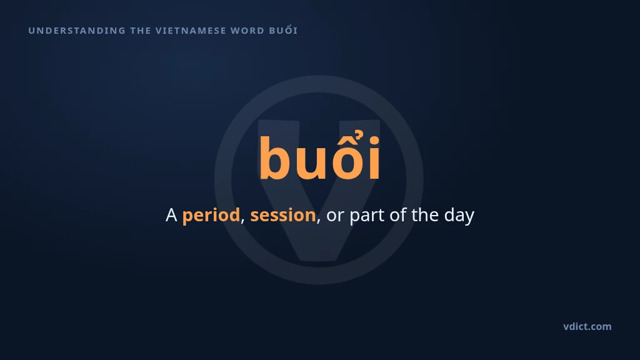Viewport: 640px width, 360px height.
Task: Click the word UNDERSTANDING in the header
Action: (77, 31)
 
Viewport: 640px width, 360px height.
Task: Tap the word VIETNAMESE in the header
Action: (191, 31)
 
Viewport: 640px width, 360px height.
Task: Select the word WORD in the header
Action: (247, 31)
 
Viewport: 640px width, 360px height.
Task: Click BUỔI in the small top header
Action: (283, 30)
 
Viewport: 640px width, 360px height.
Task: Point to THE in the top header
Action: (141, 31)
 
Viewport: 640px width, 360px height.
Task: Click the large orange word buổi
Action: (319, 155)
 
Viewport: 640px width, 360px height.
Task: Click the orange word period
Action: (211, 216)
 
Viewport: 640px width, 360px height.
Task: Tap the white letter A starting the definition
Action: (171, 215)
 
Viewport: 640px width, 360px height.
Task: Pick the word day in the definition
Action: (459, 216)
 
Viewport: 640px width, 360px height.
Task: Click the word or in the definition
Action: (335, 216)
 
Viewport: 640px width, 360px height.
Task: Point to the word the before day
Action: (425, 215)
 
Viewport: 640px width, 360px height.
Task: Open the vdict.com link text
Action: (587, 326)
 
